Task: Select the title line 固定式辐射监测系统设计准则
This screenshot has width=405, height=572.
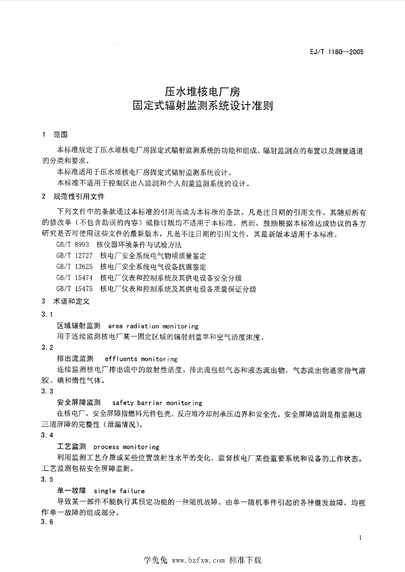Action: point(202,104)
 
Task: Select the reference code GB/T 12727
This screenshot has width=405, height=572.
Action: point(74,256)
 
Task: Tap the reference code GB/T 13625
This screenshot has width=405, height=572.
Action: point(74,267)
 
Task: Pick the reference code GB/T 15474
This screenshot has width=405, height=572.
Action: point(74,278)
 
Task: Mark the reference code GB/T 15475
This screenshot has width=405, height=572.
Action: point(74,289)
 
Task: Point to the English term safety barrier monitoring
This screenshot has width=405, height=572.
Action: point(157,403)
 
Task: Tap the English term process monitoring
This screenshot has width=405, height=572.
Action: point(126,447)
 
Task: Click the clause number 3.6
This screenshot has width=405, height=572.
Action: point(47,522)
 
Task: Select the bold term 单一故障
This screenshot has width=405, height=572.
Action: point(71,490)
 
